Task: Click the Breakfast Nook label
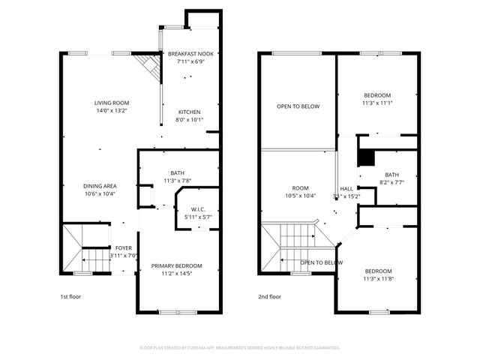point(190,54)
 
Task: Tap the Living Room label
point(111,103)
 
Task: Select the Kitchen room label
point(189,112)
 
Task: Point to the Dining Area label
point(98,186)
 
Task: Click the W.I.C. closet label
point(198,209)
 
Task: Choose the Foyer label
point(123,247)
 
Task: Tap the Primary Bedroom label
point(177,265)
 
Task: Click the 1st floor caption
point(70,297)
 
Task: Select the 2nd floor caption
point(270,297)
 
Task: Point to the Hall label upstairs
point(346,189)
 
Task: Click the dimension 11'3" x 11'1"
point(377,103)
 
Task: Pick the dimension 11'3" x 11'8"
point(377,278)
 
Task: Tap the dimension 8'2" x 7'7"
point(391,181)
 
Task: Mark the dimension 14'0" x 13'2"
point(111,110)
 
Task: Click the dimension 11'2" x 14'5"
point(177,273)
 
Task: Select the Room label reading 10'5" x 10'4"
point(301,188)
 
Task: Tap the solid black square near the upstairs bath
point(365,157)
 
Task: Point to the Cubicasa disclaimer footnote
point(240,348)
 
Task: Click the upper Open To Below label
point(298,106)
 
